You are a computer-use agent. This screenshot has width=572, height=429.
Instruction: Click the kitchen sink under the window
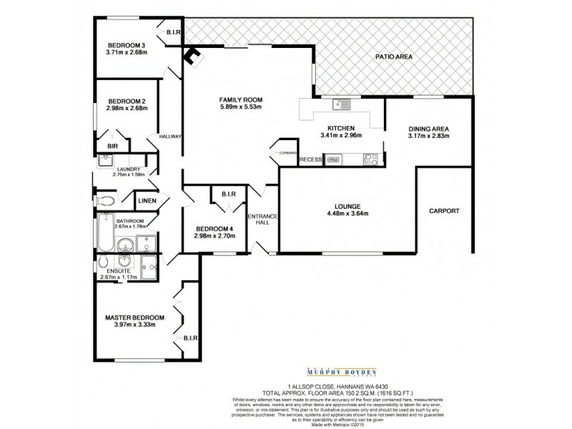coord(338,106)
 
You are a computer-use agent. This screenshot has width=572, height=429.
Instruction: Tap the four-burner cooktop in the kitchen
coord(372,159)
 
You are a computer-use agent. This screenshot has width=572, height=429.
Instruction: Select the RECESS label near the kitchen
coord(310,159)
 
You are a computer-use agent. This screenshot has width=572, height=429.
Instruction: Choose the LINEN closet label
coord(147,201)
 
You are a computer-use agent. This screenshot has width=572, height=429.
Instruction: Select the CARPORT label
coord(444,211)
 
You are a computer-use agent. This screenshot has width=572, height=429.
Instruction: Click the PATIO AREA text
coord(394,56)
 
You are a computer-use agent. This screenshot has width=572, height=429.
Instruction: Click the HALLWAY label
coord(170,137)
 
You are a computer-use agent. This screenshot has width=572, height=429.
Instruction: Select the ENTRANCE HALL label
coord(261,220)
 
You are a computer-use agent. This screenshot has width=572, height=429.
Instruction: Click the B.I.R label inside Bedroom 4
coord(229,194)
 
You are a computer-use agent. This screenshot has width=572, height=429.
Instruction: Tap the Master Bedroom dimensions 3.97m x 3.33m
coord(134,325)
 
